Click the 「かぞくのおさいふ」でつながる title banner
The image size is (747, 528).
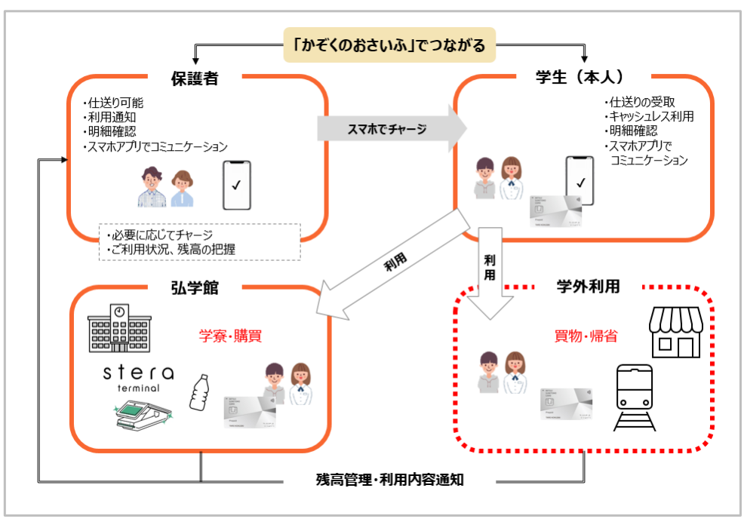(x=389, y=46)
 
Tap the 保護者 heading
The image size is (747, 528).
(x=194, y=78)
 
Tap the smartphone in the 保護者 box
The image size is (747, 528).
(x=236, y=185)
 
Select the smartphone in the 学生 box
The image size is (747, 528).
(x=580, y=181)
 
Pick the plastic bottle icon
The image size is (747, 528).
(x=200, y=390)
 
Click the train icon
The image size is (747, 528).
(x=635, y=397)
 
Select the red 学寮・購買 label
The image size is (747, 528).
(x=230, y=336)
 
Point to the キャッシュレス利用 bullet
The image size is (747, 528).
(x=651, y=116)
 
